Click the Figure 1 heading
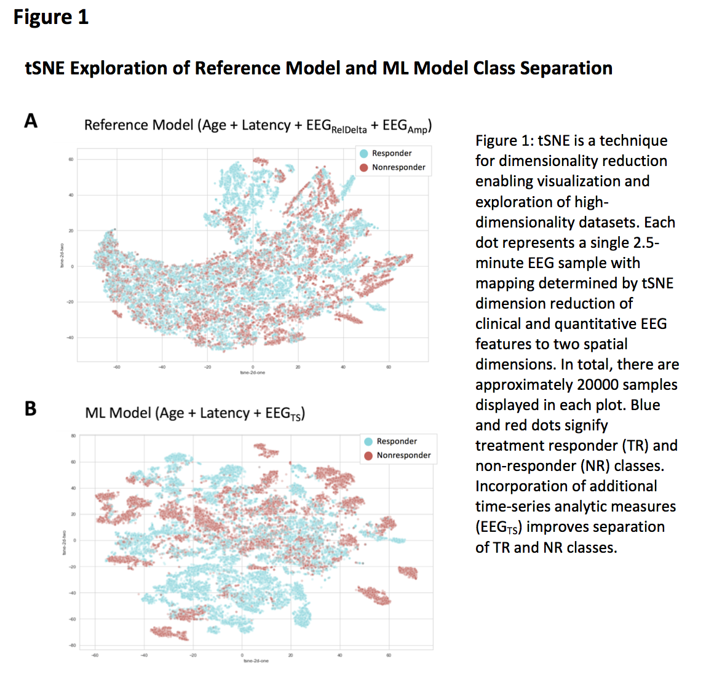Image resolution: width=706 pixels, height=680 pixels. [x=51, y=17]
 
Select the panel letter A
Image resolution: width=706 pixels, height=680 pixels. [x=31, y=121]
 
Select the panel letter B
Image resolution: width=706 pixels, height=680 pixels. [x=30, y=408]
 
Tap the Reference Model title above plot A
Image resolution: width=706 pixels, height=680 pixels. [x=257, y=126]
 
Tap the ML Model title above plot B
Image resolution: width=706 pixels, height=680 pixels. [x=195, y=413]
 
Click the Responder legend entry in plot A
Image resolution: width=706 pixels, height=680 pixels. [x=392, y=154]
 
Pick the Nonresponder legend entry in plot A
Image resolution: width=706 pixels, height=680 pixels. [x=399, y=167]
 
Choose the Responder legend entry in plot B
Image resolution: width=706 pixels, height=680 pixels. [x=397, y=441]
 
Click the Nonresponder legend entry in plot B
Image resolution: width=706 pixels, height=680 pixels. [x=403, y=456]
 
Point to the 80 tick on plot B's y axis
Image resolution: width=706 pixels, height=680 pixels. [x=73, y=436]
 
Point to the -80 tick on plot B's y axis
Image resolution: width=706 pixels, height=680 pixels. [x=73, y=645]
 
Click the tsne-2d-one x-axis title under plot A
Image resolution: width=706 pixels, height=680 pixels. [x=253, y=373]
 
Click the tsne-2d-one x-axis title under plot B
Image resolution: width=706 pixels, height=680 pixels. [x=256, y=661]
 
